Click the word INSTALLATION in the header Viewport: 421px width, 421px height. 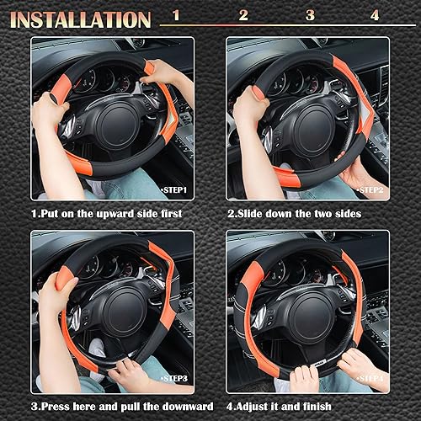(81, 19)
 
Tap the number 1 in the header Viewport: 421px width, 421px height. (175, 15)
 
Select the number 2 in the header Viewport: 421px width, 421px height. (243, 15)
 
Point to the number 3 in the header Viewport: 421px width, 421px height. (309, 15)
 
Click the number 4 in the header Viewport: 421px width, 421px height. (375, 15)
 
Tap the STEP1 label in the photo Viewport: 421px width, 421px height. (174, 190)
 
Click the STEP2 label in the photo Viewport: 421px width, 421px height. (370, 190)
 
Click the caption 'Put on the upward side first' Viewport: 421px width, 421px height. (107, 214)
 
